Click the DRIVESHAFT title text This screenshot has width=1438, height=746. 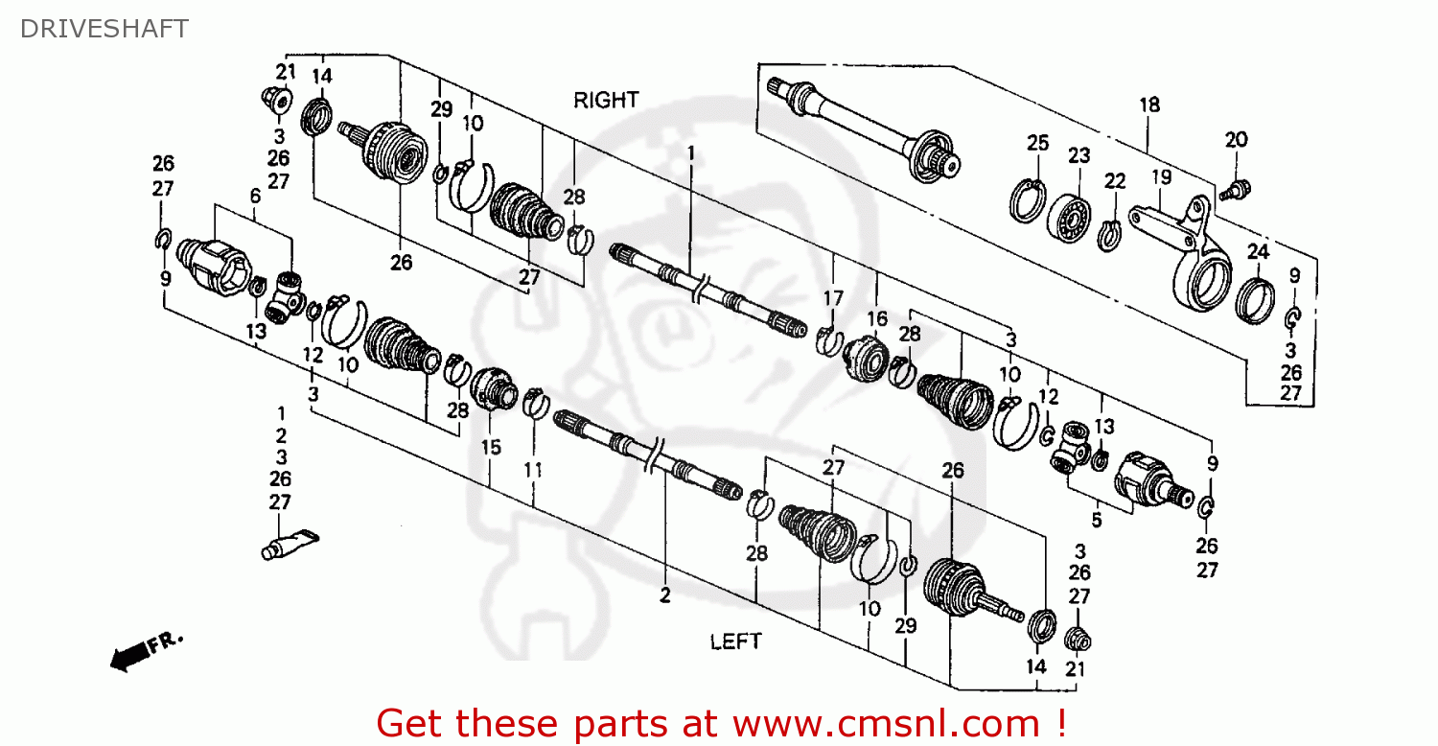[104, 29]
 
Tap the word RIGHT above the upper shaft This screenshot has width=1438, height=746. [606, 100]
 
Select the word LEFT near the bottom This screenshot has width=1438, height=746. [735, 641]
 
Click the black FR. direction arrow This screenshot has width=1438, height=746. [134, 653]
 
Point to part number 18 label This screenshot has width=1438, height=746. [1149, 105]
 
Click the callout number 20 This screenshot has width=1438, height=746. [1236, 139]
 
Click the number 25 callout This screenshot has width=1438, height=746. [1038, 143]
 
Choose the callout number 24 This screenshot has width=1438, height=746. [1258, 251]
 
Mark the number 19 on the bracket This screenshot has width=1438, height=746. [1161, 177]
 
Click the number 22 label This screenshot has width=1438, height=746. [1114, 181]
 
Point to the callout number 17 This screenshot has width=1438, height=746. [832, 297]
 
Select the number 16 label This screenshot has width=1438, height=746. [878, 319]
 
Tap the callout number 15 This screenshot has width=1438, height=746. [491, 447]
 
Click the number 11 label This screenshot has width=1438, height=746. [533, 470]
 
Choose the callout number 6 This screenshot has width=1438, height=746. [254, 196]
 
